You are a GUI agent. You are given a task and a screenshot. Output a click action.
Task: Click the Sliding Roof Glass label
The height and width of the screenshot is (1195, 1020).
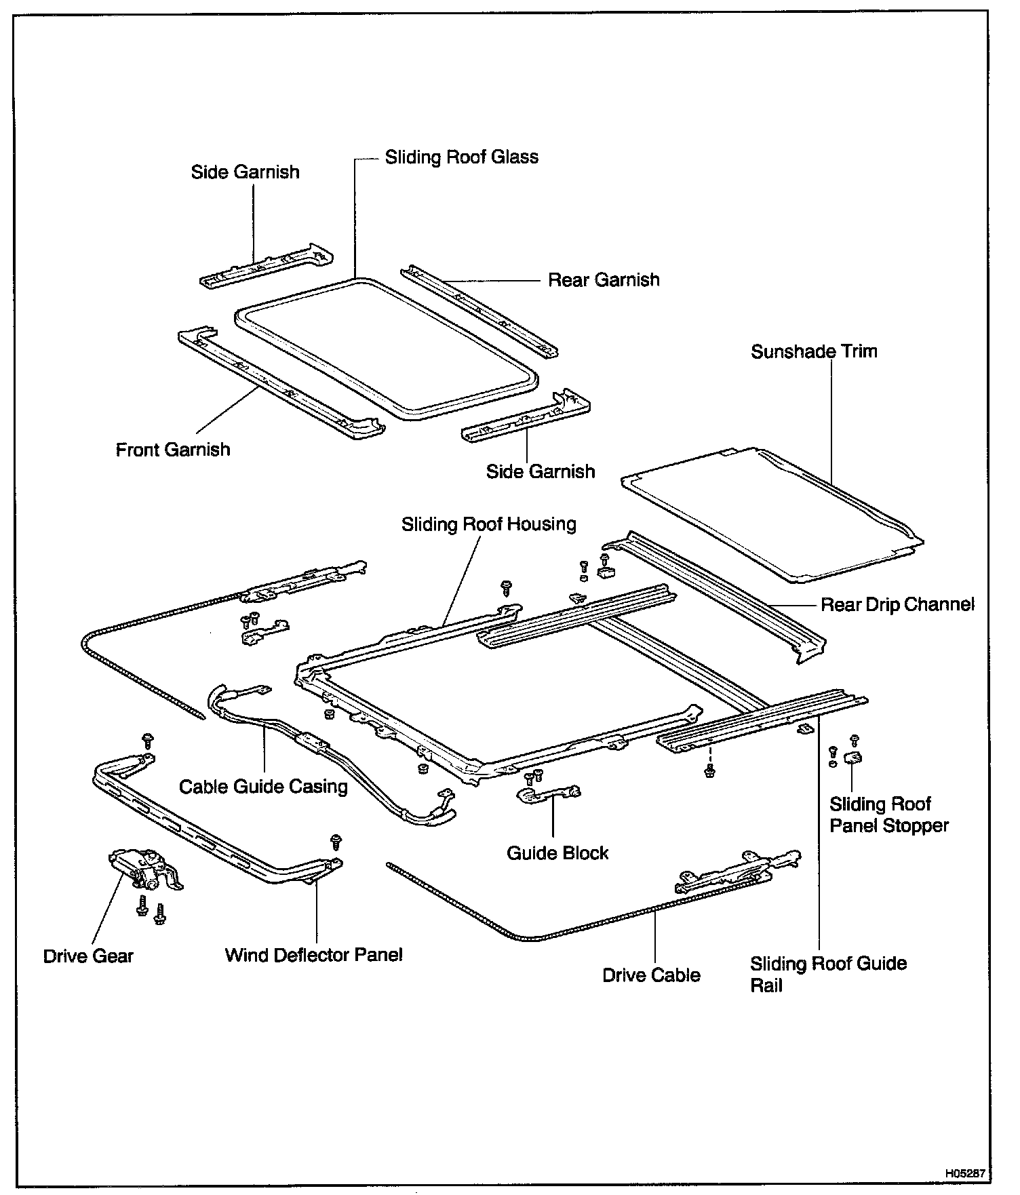point(461,157)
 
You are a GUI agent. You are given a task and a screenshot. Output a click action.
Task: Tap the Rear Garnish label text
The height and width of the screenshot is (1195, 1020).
point(604,280)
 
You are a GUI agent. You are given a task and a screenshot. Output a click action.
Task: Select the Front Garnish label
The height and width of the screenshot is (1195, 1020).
point(173,450)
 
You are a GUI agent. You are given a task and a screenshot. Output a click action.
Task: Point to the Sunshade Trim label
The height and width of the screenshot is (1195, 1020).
point(814,351)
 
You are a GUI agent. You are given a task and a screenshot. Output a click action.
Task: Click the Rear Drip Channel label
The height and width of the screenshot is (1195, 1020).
point(897,604)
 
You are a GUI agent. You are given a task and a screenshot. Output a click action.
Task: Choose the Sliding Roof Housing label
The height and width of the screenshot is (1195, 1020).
point(488,524)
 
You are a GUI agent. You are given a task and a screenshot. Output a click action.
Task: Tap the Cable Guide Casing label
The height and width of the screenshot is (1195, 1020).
point(263,787)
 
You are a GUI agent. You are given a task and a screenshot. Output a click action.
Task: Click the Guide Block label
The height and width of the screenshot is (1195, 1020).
point(557,853)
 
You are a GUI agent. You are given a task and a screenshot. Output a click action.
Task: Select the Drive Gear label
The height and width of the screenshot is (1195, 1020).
point(88,956)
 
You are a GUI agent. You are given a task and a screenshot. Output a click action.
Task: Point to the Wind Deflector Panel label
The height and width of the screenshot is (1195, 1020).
point(313,956)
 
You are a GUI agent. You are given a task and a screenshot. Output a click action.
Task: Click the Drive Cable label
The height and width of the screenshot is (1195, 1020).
point(651,975)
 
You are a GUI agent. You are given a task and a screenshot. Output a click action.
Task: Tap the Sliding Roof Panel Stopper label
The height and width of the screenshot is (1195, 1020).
point(888,815)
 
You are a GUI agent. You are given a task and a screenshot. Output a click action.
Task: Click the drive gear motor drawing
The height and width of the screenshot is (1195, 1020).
point(144,869)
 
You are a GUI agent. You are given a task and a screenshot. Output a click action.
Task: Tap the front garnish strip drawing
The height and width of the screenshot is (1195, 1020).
point(278,383)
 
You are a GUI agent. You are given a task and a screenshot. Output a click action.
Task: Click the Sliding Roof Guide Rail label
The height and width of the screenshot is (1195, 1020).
point(827,974)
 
